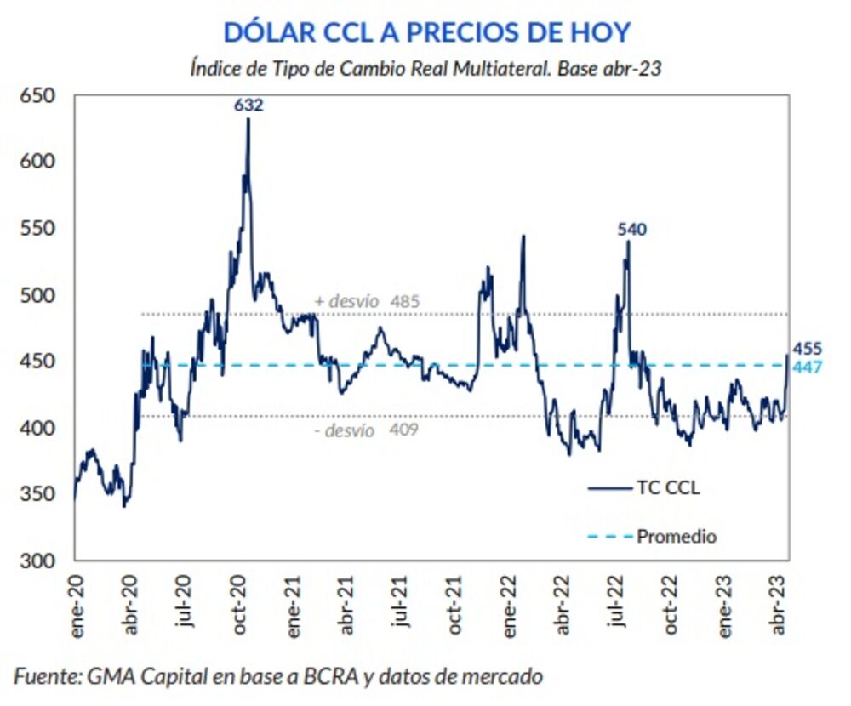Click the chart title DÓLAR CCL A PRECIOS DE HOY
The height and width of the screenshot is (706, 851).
[426, 32]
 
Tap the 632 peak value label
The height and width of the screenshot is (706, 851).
[248, 105]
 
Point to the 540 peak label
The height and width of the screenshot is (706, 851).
[632, 229]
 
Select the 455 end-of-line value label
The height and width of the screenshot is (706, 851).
[807, 349]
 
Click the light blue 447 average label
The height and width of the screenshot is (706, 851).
[807, 367]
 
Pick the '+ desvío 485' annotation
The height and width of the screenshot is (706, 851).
[367, 301]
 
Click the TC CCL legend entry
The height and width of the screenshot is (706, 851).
[644, 488]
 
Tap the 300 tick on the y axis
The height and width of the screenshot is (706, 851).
[39, 561]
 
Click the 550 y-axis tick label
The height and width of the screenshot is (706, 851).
[39, 229]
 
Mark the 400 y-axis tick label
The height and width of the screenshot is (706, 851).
[39, 428]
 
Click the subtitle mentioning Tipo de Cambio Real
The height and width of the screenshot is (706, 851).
[426, 69]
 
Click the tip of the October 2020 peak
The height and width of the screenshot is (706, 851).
[248, 118]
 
